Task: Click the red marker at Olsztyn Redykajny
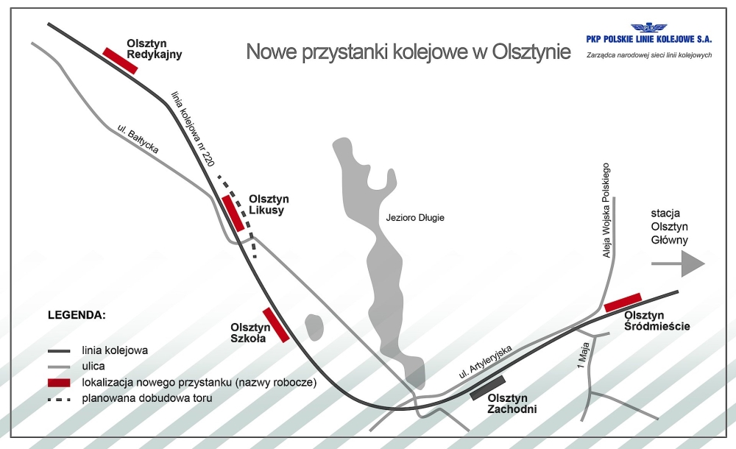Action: point(120,60)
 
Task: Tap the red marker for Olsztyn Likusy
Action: point(233,213)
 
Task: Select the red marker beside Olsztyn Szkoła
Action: point(275,325)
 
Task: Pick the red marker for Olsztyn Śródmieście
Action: point(623,303)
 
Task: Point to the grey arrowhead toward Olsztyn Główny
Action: point(693,264)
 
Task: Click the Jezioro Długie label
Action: point(415,218)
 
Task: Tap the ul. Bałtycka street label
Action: point(138,138)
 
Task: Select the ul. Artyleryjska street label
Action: point(485,361)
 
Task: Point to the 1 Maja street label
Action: point(584,356)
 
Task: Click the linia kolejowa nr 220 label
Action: point(192,129)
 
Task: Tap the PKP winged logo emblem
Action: point(648,28)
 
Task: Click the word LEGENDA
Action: point(77,315)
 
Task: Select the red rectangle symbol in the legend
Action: point(59,383)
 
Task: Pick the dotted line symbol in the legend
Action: point(59,400)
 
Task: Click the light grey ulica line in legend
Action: point(59,367)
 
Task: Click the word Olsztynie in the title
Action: point(531,52)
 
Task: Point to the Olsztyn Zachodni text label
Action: point(512,403)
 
